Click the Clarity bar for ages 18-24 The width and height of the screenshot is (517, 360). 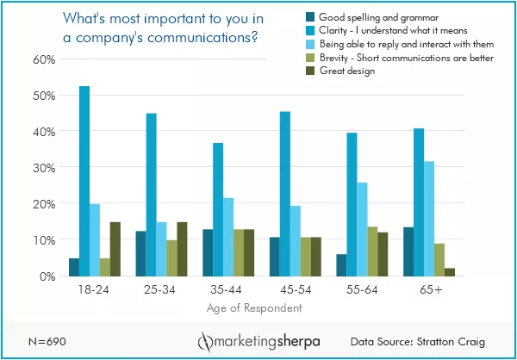coord(84,181)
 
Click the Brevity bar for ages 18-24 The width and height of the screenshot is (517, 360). coord(105,267)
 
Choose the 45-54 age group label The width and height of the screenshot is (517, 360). coord(284,291)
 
